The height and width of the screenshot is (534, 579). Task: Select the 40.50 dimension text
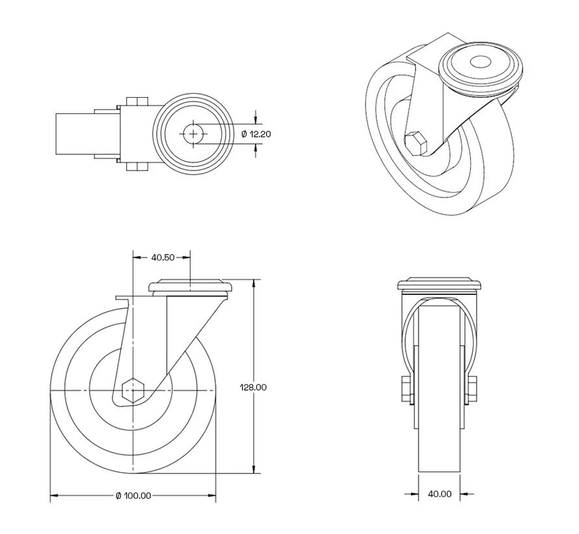162,257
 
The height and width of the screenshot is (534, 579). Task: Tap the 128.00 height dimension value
253,387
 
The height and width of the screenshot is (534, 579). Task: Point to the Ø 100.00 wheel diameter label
133,496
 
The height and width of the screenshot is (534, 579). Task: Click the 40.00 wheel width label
439,494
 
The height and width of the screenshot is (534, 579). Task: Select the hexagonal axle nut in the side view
133,390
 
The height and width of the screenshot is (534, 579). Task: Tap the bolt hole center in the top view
193,133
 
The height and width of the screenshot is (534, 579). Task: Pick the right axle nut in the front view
472,389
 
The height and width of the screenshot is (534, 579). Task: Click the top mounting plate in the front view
439,285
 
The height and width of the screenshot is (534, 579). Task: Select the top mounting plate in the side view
191,287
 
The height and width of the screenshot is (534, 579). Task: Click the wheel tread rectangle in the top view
73,133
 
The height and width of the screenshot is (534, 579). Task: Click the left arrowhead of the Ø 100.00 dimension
54,496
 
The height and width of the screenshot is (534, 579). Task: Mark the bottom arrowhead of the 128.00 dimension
254,470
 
